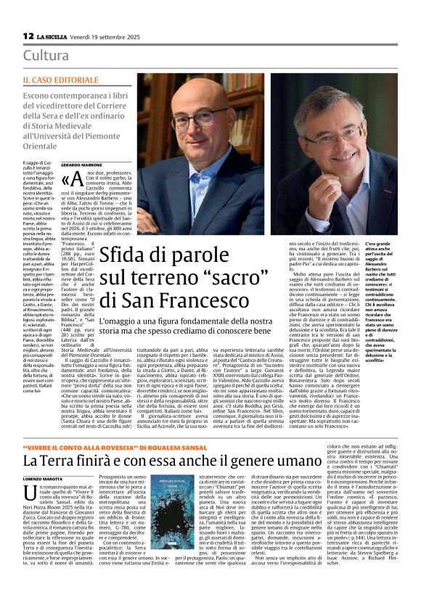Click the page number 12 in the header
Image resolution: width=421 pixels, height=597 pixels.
(x=28, y=36)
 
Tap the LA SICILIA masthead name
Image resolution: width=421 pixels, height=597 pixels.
(x=54, y=36)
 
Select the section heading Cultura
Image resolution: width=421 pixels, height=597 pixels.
(x=46, y=56)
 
